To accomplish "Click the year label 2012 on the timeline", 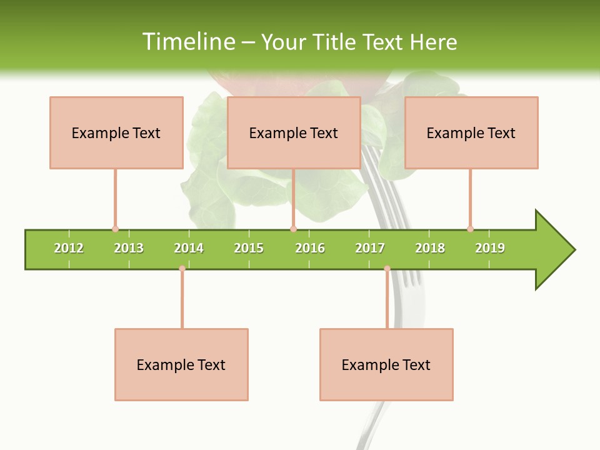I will [x=69, y=248].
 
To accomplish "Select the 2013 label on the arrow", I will [x=129, y=248].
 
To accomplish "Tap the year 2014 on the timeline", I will [x=189, y=248].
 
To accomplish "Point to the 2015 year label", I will [x=249, y=248].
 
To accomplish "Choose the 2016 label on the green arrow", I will [x=310, y=248].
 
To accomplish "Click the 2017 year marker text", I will [x=370, y=248].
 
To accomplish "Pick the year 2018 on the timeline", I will [x=430, y=248].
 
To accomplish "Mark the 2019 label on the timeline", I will [x=490, y=248].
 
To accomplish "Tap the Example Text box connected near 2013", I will [x=116, y=132].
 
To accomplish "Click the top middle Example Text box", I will [x=294, y=132].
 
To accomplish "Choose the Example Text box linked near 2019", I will [x=471, y=132].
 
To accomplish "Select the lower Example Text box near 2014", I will [x=181, y=364].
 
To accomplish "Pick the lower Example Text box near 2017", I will [x=386, y=364].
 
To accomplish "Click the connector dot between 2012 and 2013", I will [x=115, y=229].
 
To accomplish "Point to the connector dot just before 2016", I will [x=293, y=229].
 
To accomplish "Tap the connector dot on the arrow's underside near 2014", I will [x=182, y=269].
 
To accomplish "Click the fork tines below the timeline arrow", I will [x=409, y=278].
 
